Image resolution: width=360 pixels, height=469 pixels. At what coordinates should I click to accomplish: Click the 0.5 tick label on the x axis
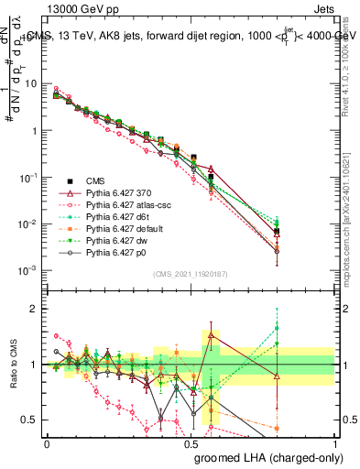[191, 443]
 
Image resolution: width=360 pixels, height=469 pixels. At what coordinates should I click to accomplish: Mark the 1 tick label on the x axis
[334, 443]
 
